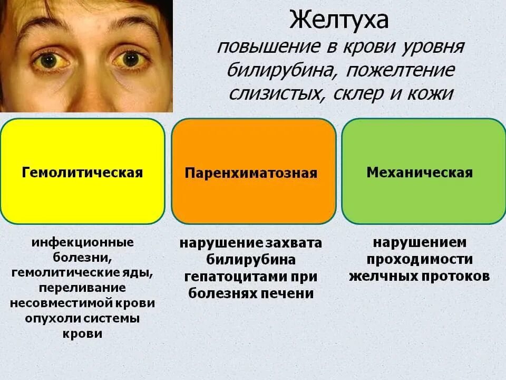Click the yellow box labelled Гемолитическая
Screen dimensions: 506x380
pyautogui.click(x=82, y=172)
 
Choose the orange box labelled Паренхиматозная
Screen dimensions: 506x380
pyautogui.click(x=254, y=172)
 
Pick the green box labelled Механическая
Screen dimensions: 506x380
pyautogui.click(x=423, y=172)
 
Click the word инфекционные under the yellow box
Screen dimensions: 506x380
pyautogui.click(x=83, y=243)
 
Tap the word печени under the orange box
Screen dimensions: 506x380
pyautogui.click(x=289, y=293)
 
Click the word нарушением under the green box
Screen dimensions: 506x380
pyautogui.click(x=420, y=242)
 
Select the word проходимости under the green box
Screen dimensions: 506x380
pyautogui.click(x=420, y=259)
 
